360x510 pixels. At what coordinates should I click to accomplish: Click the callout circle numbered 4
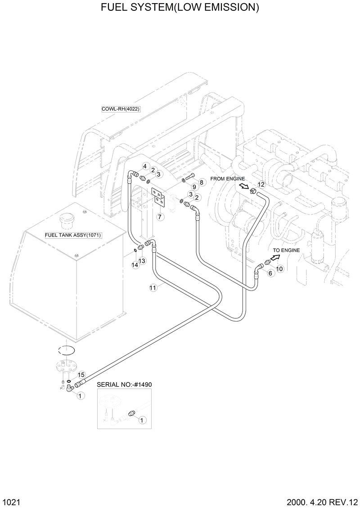tap(145, 166)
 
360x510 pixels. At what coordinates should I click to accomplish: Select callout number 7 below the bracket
tap(159, 216)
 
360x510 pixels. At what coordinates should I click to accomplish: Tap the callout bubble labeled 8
tap(201, 182)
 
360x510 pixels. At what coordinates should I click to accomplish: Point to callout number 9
tap(194, 187)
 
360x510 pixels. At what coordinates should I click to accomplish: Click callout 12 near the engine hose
tap(261, 184)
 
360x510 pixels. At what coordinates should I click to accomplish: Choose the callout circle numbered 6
tap(270, 273)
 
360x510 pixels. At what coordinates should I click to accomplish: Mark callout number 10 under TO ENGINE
tap(279, 268)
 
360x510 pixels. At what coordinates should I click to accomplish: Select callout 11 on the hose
tap(153, 287)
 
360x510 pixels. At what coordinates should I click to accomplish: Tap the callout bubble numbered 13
tap(142, 261)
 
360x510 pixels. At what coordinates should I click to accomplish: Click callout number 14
tap(135, 265)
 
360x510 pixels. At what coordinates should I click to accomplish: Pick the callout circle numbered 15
tap(81, 375)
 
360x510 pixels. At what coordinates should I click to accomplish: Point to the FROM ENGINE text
tap(227, 179)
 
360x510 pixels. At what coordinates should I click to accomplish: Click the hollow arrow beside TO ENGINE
tap(270, 260)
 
